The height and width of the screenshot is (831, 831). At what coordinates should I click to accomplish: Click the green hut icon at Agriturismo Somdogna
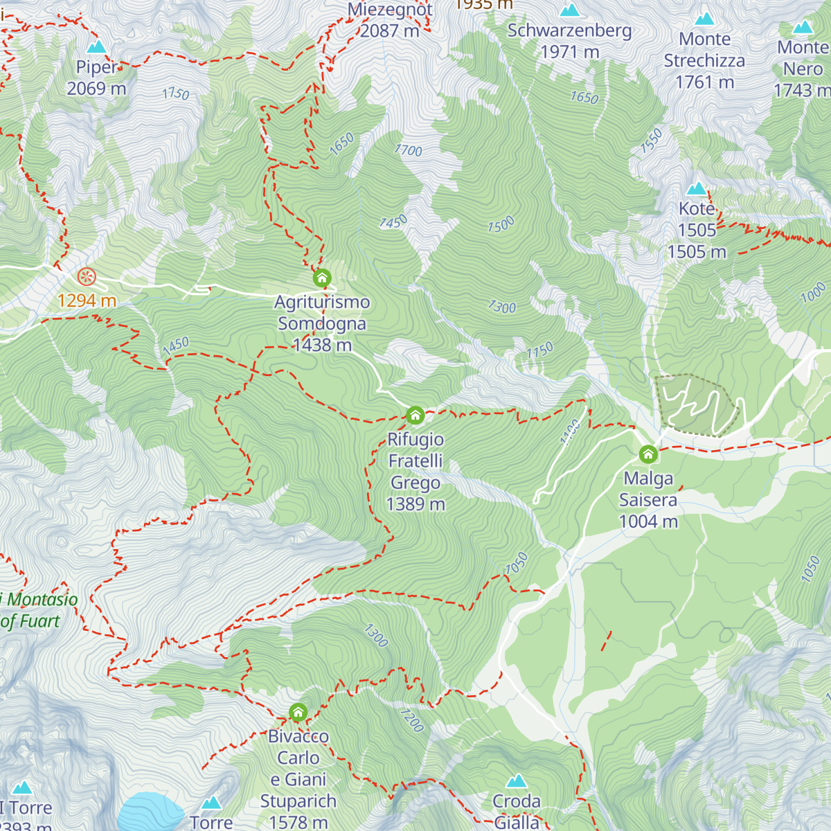point(322,278)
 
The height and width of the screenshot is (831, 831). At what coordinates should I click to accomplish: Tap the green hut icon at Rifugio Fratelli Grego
point(415,415)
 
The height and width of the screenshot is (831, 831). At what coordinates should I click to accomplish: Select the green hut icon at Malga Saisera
point(648,454)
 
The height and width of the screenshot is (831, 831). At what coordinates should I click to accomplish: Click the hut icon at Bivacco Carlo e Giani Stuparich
point(298,712)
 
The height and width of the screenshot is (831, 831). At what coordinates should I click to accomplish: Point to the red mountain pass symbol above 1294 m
point(87,277)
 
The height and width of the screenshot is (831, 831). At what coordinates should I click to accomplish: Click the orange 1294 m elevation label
point(87,301)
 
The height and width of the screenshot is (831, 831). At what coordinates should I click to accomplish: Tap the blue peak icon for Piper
point(97,47)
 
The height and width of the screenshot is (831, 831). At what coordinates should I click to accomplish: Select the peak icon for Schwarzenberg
point(570,10)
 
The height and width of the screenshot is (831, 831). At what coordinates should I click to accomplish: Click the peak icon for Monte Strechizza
point(705,19)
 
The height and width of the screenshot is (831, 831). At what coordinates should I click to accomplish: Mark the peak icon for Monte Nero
point(803,27)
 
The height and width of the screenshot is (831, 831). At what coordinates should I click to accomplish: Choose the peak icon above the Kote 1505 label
point(697,188)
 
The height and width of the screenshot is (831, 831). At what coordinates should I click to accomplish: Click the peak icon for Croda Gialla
point(517,781)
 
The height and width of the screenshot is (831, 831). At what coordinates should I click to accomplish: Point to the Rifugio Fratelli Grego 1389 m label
point(415,472)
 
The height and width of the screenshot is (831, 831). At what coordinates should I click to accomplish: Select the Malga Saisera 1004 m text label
point(648,500)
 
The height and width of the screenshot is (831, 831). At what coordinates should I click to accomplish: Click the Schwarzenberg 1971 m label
point(570,41)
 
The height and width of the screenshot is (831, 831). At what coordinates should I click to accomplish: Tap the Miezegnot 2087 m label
point(390,20)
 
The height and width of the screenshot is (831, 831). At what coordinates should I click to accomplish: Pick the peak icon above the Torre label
point(211,803)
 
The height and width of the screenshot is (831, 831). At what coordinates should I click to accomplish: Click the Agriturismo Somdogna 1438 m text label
point(322,323)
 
